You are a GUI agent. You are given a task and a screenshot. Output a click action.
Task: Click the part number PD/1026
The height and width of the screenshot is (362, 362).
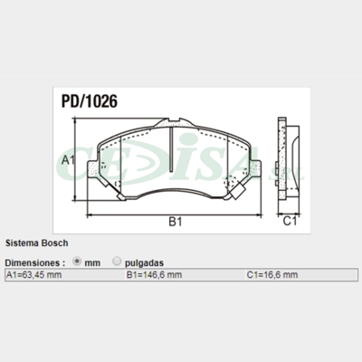point(89,103)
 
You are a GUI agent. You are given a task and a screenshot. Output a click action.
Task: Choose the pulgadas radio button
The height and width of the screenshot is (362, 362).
point(117,261)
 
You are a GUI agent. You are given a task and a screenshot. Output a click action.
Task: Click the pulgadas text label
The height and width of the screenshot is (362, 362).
point(144,262)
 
